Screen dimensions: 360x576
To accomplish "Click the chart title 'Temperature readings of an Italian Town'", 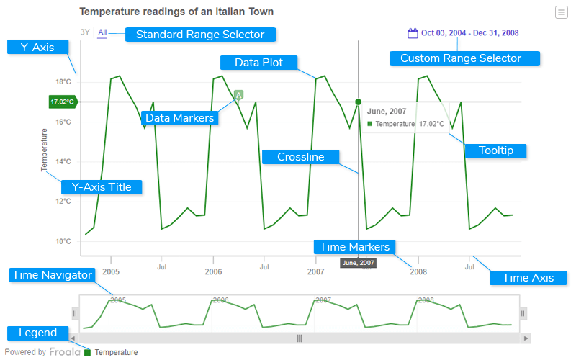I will click(176, 12).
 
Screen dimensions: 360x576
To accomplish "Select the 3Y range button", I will click(85, 32).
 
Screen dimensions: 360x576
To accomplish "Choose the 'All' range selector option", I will click(102, 32).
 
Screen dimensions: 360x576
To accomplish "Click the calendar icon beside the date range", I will click(413, 33).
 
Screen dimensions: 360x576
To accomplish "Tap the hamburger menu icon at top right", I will click(561, 12).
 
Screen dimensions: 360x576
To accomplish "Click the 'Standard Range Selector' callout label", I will click(200, 35).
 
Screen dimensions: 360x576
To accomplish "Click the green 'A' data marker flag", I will click(238, 95).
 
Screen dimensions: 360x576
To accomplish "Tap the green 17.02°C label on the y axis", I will click(62, 102).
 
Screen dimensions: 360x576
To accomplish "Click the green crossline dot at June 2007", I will click(358, 102).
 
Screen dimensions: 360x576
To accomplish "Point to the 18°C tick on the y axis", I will click(64, 81).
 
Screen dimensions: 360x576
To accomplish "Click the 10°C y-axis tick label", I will click(64, 241).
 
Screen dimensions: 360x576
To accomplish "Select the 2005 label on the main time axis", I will click(111, 271).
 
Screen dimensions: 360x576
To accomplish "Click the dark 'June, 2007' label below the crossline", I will click(358, 264).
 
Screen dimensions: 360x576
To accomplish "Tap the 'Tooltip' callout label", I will click(496, 150).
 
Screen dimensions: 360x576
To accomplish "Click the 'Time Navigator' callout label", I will click(53, 275).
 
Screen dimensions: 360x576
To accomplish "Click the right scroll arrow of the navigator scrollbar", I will click(527, 338).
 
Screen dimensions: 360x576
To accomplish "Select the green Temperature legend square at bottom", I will click(88, 353).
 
